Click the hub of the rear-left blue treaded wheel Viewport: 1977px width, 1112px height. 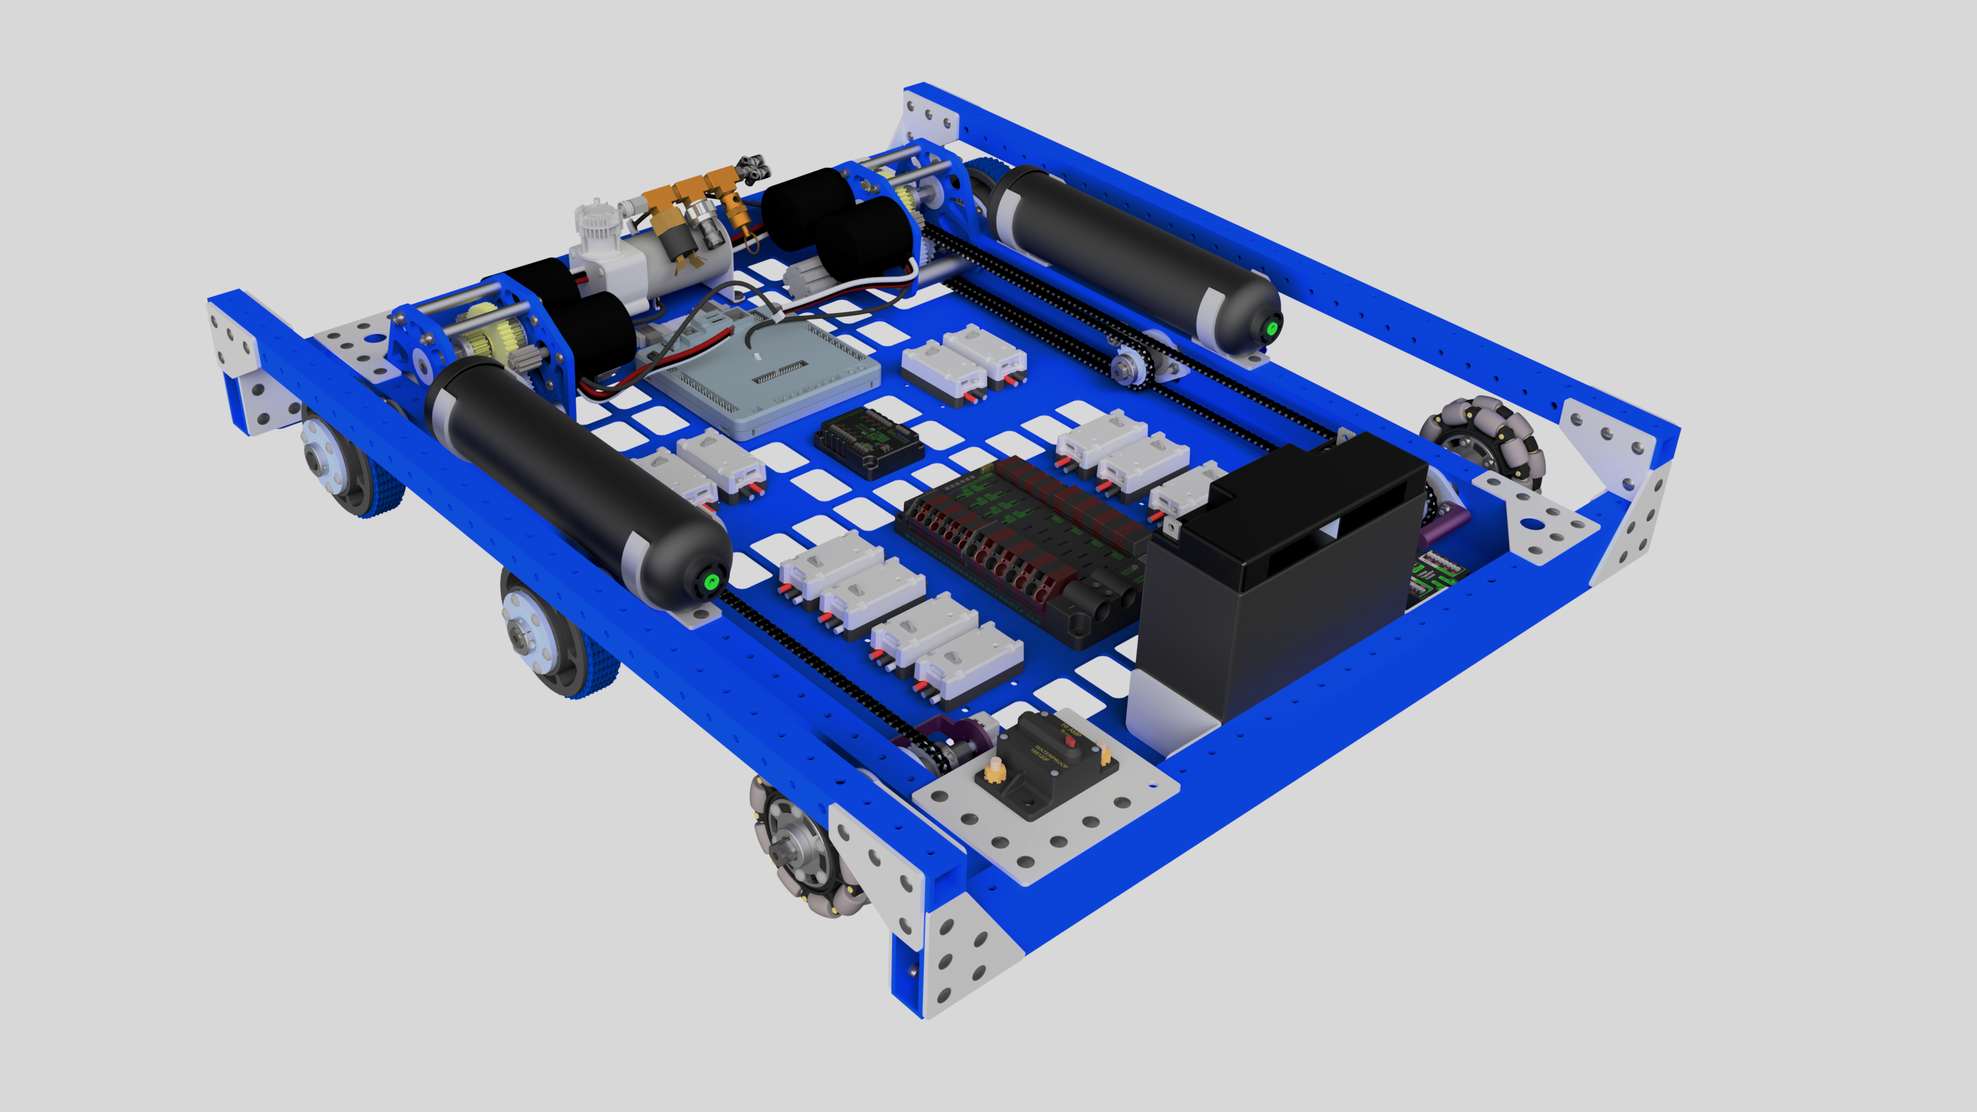pyautogui.click(x=319, y=458)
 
